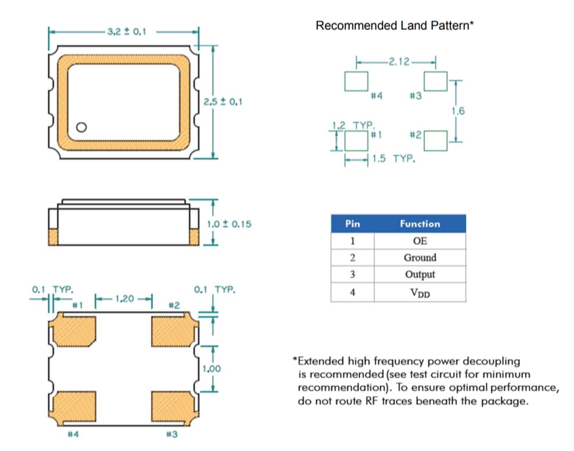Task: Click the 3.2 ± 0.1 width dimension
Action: pyautogui.click(x=127, y=31)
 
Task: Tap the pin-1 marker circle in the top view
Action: pyautogui.click(x=82, y=127)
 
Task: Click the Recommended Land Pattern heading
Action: pyautogui.click(x=394, y=26)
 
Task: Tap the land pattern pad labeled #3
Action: pyautogui.click(x=435, y=81)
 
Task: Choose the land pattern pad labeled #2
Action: pyautogui.click(x=435, y=141)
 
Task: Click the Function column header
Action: pyautogui.click(x=420, y=224)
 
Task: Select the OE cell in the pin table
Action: pyautogui.click(x=420, y=241)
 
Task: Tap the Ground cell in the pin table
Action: pyautogui.click(x=420, y=258)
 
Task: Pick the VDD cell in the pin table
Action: pyautogui.click(x=420, y=293)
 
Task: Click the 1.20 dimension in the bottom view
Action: pyautogui.click(x=124, y=298)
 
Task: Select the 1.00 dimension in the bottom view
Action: pyautogui.click(x=212, y=369)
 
